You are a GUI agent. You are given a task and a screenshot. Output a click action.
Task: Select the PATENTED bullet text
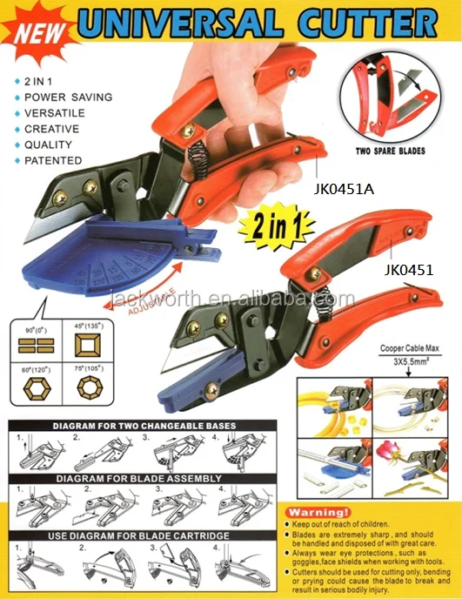(53, 160)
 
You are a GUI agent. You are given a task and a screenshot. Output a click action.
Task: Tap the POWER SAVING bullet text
(68, 97)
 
